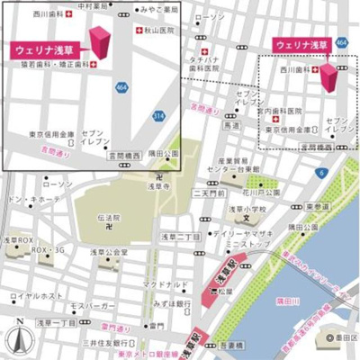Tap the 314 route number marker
click(158, 116)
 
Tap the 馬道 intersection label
click(231, 127)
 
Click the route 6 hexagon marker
click(321, 171)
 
